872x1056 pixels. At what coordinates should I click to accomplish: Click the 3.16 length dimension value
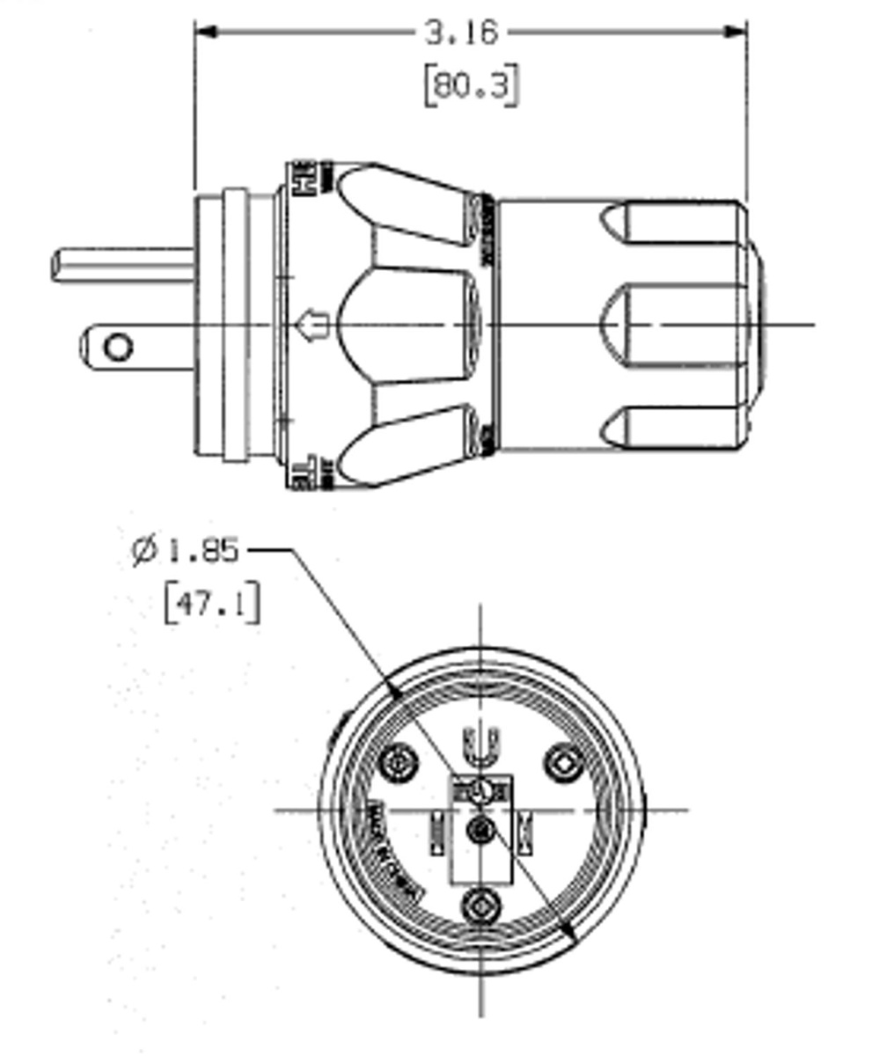pyautogui.click(x=461, y=33)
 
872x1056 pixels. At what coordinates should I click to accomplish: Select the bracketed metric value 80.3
pyautogui.click(x=471, y=87)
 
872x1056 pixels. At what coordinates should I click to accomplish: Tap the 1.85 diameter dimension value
pyautogui.click(x=202, y=551)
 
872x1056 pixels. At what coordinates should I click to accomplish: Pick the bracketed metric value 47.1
pyautogui.click(x=212, y=605)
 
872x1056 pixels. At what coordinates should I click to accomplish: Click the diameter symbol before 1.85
pyautogui.click(x=143, y=552)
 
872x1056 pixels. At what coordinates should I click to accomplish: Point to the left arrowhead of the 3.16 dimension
pyautogui.click(x=204, y=32)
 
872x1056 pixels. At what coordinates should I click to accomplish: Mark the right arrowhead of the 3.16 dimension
pyautogui.click(x=737, y=32)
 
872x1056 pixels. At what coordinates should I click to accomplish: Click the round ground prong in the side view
pyautogui.click(x=123, y=265)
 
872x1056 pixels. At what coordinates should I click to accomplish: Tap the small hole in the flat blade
pyautogui.click(x=118, y=347)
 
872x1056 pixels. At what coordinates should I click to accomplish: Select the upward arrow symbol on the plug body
pyautogui.click(x=314, y=325)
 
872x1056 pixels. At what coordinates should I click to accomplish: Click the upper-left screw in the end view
pyautogui.click(x=400, y=760)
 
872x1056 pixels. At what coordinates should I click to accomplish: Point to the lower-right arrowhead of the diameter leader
pyautogui.click(x=569, y=935)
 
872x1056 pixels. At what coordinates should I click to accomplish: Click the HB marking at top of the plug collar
pyautogui.click(x=303, y=175)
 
